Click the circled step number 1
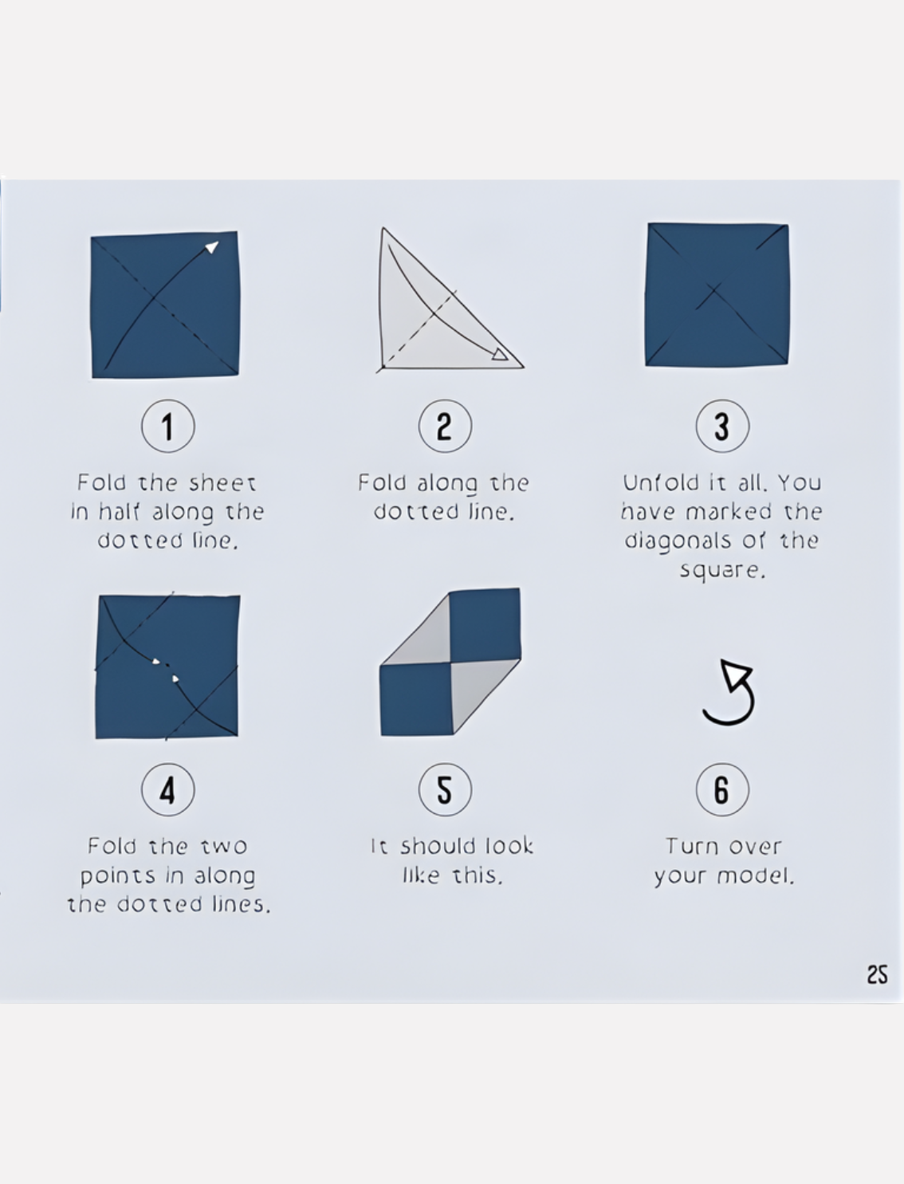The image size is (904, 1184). click(168, 426)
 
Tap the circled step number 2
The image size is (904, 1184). click(446, 426)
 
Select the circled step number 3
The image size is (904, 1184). click(722, 426)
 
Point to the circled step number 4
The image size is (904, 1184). click(168, 789)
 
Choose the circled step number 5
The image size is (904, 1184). click(446, 789)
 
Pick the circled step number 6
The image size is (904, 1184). click(722, 789)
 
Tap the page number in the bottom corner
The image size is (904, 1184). click(877, 974)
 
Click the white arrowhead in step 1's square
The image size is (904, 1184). click(212, 247)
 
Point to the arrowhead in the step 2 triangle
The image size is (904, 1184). click(500, 354)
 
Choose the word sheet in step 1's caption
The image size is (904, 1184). click(222, 483)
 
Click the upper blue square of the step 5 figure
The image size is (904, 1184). click(485, 624)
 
